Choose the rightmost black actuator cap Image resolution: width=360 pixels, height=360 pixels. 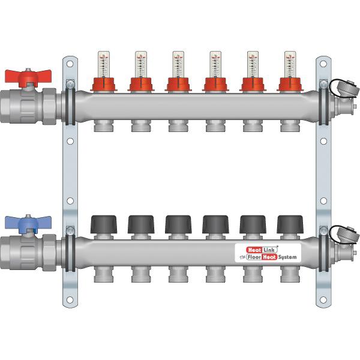coord(288,224)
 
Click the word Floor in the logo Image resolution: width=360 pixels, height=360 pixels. coord(248,257)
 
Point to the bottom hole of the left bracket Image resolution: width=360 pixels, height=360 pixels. coord(70,299)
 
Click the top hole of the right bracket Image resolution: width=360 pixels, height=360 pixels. coord(324,62)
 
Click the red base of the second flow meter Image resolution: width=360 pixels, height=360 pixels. coord(140,85)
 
